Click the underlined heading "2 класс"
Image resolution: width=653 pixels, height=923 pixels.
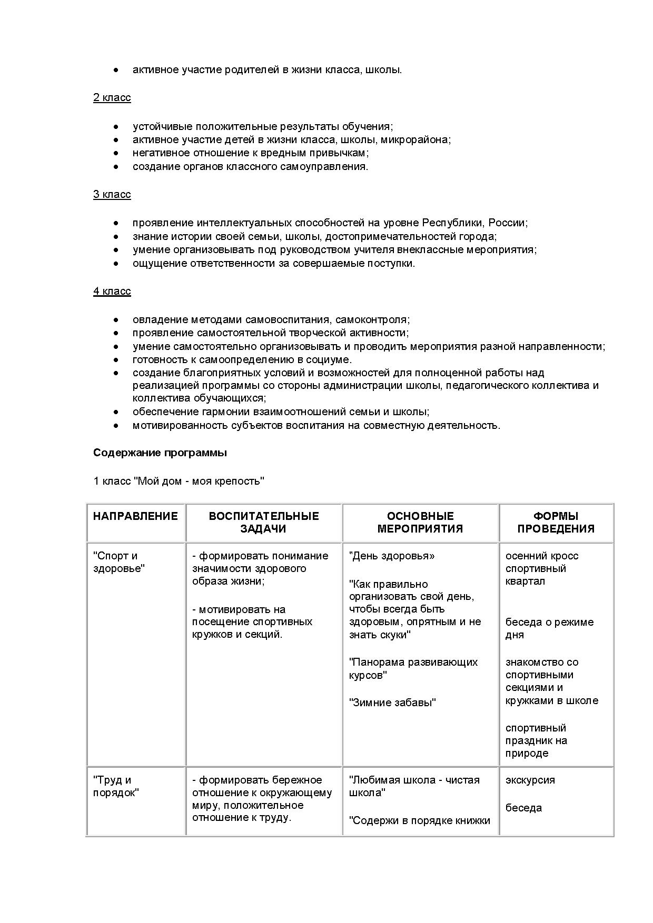point(112,98)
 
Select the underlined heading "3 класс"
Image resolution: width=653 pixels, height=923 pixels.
point(112,195)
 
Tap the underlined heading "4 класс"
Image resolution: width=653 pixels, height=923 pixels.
point(112,292)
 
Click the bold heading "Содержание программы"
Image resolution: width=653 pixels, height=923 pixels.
point(160,453)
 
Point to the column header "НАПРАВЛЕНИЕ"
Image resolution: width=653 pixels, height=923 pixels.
point(135,516)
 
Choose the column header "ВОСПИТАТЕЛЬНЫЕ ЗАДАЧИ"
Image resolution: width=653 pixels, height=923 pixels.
point(264,523)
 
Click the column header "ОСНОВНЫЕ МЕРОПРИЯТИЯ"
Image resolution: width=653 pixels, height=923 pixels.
point(420,523)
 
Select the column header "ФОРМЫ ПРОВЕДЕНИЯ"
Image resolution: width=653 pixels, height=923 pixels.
point(556,523)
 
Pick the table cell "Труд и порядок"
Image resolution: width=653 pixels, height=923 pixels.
point(116,786)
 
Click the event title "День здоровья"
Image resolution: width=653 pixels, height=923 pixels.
point(392,556)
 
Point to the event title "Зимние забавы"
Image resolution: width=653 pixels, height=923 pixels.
point(392,703)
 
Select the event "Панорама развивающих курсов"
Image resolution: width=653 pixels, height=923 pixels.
point(413,668)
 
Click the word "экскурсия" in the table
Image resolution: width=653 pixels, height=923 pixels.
point(530,780)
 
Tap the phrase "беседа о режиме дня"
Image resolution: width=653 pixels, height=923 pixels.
point(549,628)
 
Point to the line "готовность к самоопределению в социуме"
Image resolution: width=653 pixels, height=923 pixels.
point(242,360)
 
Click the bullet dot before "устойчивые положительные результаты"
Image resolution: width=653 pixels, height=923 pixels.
point(116,127)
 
